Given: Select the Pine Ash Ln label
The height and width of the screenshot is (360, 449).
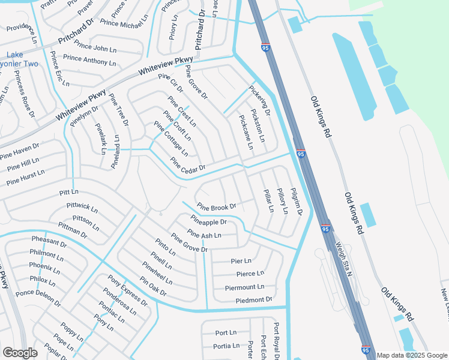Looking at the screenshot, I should click(x=204, y=234).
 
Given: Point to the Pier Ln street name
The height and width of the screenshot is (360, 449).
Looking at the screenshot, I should click(x=241, y=261).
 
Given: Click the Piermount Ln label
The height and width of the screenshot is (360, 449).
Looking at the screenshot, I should click(x=244, y=287).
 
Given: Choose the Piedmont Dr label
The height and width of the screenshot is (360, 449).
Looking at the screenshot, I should click(x=254, y=299).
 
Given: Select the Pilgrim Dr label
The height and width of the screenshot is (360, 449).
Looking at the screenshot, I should click(x=295, y=201).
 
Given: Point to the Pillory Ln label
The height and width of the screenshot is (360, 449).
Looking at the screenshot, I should click(x=282, y=200).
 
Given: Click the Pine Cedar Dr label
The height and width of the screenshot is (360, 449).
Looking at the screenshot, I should click(x=188, y=164).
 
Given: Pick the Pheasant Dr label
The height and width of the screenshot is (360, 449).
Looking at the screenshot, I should click(x=49, y=242).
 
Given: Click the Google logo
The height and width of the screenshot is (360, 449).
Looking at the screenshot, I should click(x=19, y=353).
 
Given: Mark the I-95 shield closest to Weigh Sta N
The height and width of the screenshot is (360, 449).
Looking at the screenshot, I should click(x=325, y=229).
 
